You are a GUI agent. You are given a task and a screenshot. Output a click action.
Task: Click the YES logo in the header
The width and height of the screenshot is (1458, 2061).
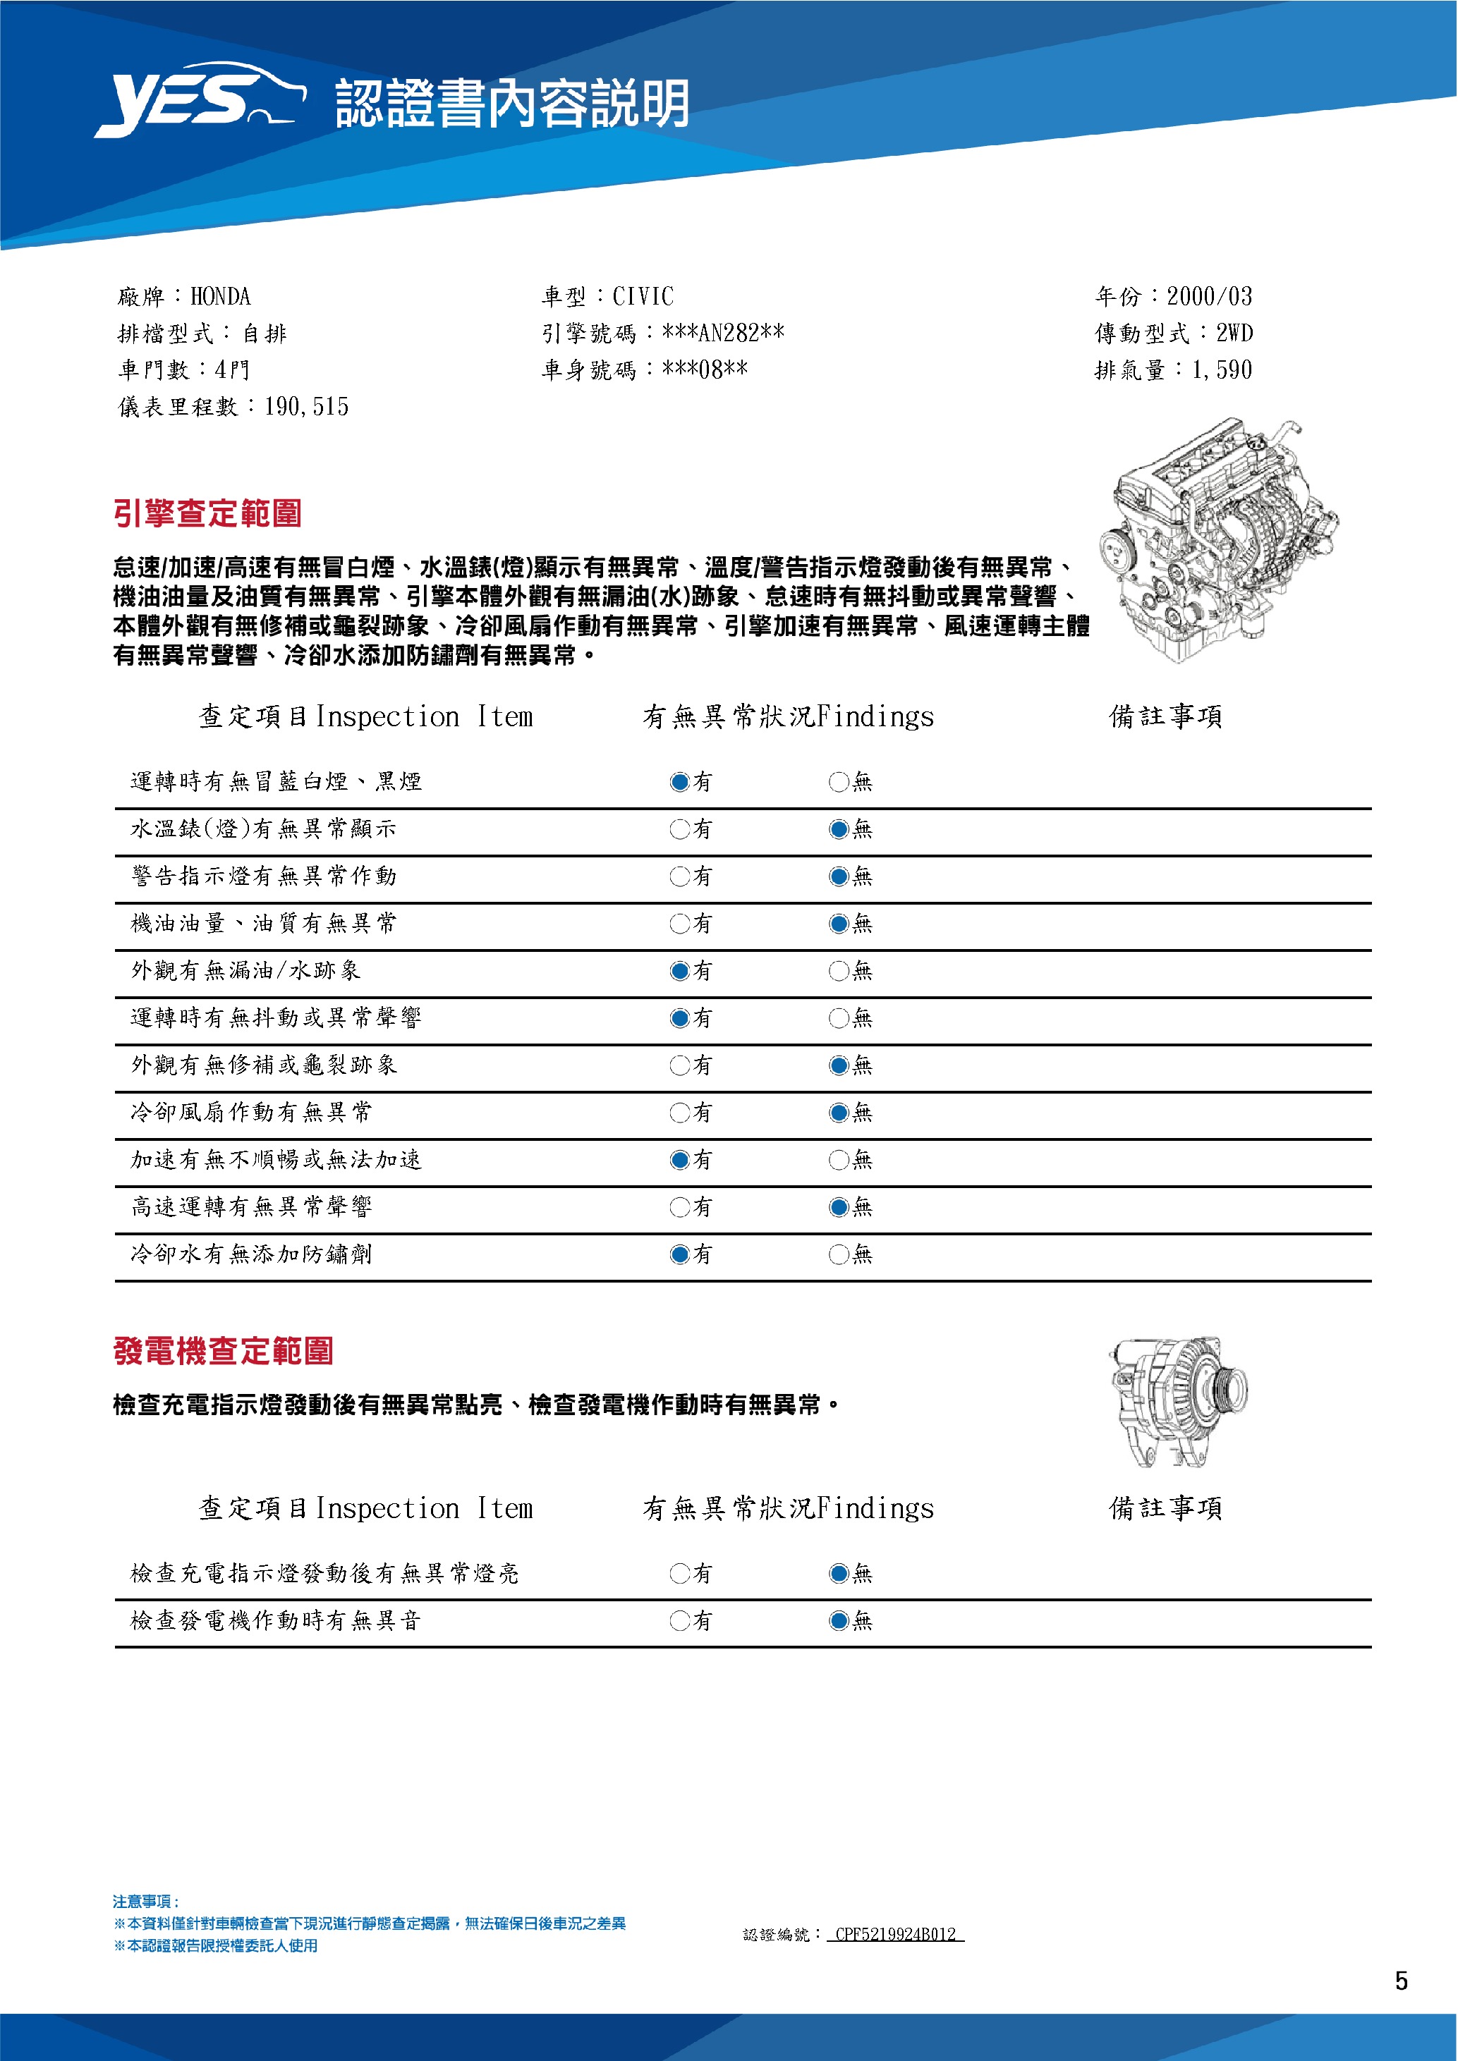200,101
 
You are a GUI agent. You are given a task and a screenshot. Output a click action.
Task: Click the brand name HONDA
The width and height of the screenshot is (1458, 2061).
221,297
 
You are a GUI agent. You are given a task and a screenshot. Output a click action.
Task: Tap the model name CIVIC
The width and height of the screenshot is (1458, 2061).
643,297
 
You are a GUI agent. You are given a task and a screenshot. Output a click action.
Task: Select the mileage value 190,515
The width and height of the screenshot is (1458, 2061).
306,408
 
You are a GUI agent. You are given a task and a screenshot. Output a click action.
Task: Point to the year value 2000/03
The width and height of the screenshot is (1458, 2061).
1208,297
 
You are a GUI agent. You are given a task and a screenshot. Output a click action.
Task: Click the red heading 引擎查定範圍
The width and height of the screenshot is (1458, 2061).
207,513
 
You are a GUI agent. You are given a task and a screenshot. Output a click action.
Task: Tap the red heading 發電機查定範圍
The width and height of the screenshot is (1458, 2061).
224,1351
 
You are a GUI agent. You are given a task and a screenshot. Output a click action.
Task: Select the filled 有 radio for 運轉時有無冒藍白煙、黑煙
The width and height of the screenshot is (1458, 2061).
679,782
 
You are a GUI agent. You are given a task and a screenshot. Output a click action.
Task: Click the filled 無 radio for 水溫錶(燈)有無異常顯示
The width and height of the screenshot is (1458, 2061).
839,829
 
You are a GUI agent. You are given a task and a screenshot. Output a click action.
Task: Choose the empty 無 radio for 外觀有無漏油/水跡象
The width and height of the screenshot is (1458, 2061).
839,971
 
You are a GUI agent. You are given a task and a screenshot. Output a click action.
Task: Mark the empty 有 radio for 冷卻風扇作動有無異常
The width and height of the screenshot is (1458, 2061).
679,1113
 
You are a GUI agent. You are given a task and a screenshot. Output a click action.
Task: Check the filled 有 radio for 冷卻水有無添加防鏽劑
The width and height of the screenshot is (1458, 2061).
679,1255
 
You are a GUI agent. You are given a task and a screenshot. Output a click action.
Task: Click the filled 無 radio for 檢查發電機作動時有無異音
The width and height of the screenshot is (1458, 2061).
839,1621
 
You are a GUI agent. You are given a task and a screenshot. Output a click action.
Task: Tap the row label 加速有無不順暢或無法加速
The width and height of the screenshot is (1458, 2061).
276,1160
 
